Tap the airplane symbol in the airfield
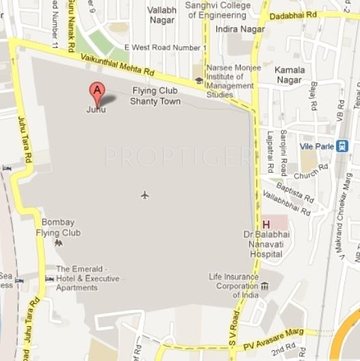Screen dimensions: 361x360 coord(144,195)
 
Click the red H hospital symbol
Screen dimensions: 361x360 coord(266,224)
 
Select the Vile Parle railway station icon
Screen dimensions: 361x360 coord(342,145)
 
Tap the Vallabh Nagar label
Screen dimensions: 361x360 coord(162,15)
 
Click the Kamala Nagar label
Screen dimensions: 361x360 coord(290,75)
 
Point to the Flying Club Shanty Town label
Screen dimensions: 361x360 coord(155,96)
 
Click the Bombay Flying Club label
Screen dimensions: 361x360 coord(61,227)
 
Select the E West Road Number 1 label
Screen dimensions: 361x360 coord(165,47)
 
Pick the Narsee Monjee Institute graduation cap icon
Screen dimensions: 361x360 coord(198,80)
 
